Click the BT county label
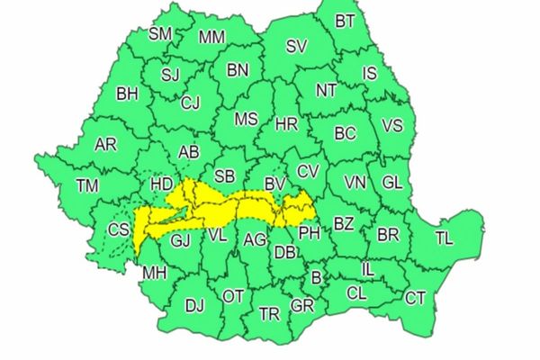[x=344, y=21]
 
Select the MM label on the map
[x=211, y=38]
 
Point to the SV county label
[x=296, y=47]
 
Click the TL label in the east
[x=445, y=238]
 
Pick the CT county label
[x=415, y=298]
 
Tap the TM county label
[x=87, y=185]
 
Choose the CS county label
[x=119, y=229]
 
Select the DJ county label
[x=194, y=306]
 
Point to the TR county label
[x=268, y=314]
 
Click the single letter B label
[x=316, y=277]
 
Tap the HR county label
[x=285, y=125]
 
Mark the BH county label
[x=128, y=93]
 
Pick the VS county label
[x=392, y=125]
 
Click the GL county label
[x=392, y=182]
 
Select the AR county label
[x=105, y=144]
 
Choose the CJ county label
[x=190, y=103]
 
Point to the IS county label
[x=370, y=73]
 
